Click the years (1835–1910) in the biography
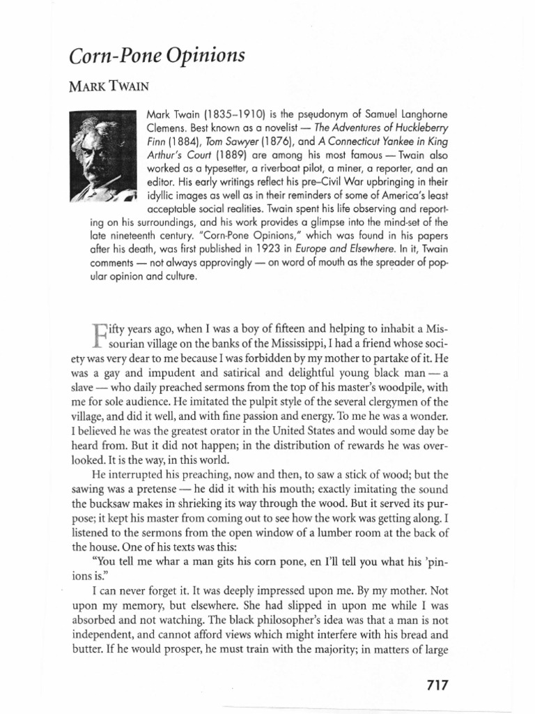pyautogui.click(x=222, y=114)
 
